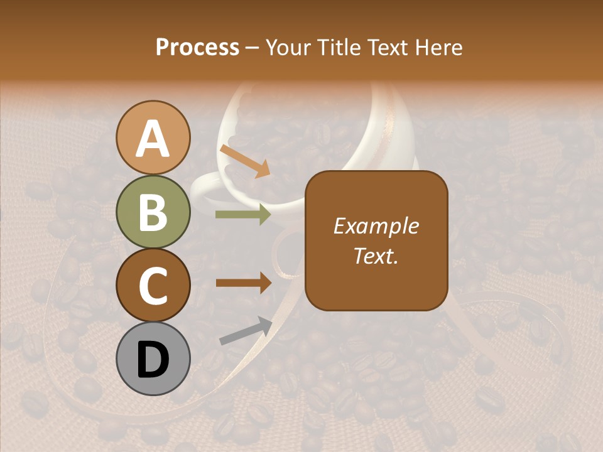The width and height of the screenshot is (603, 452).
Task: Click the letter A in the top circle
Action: point(153,139)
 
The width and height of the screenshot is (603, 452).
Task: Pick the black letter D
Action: point(153,359)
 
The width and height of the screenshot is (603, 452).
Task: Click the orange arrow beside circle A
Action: point(244,161)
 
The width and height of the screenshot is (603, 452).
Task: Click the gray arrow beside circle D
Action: point(246,331)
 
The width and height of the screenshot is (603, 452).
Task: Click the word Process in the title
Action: point(197,47)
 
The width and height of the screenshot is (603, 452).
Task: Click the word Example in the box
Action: point(376,226)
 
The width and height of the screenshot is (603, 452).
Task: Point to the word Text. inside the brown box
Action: point(376,256)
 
